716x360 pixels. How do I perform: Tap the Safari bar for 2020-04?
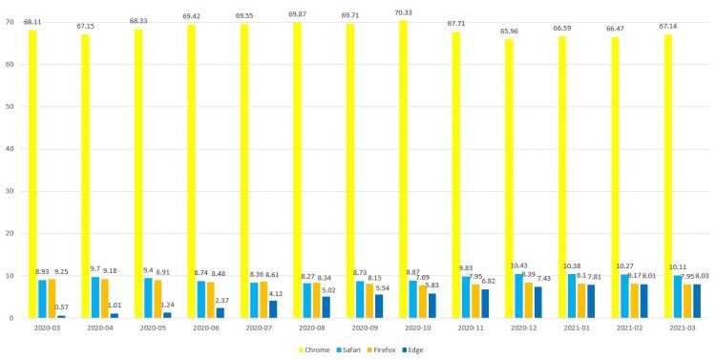coord(95,297)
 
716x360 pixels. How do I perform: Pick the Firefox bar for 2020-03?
coord(53,298)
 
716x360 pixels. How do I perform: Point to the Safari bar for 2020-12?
coord(519,296)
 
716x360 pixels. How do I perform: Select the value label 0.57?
coord(61,307)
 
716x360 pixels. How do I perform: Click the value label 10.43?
coord(519,265)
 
